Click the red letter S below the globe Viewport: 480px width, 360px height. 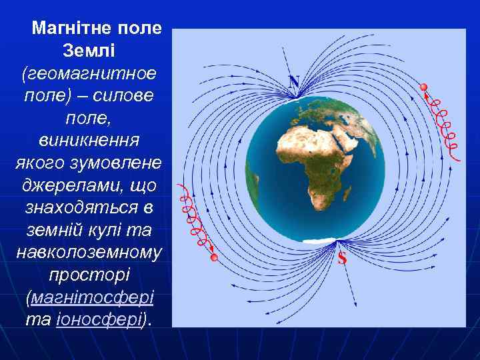tap(342, 258)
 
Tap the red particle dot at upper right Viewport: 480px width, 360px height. tap(423, 87)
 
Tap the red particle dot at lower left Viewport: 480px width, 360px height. tap(214, 257)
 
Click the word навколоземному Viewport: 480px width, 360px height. tap(89, 252)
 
